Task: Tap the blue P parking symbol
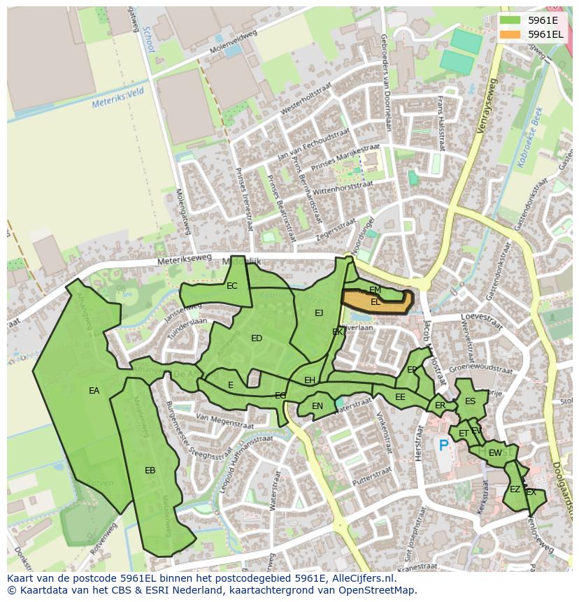click(443, 445)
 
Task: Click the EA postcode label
click(94, 391)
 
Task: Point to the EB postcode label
click(150, 471)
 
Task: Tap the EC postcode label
click(232, 285)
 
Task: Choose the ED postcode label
click(257, 338)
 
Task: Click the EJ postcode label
click(319, 313)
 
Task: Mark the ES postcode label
click(470, 401)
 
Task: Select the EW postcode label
click(495, 453)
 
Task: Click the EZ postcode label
click(515, 489)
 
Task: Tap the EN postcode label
click(317, 406)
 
